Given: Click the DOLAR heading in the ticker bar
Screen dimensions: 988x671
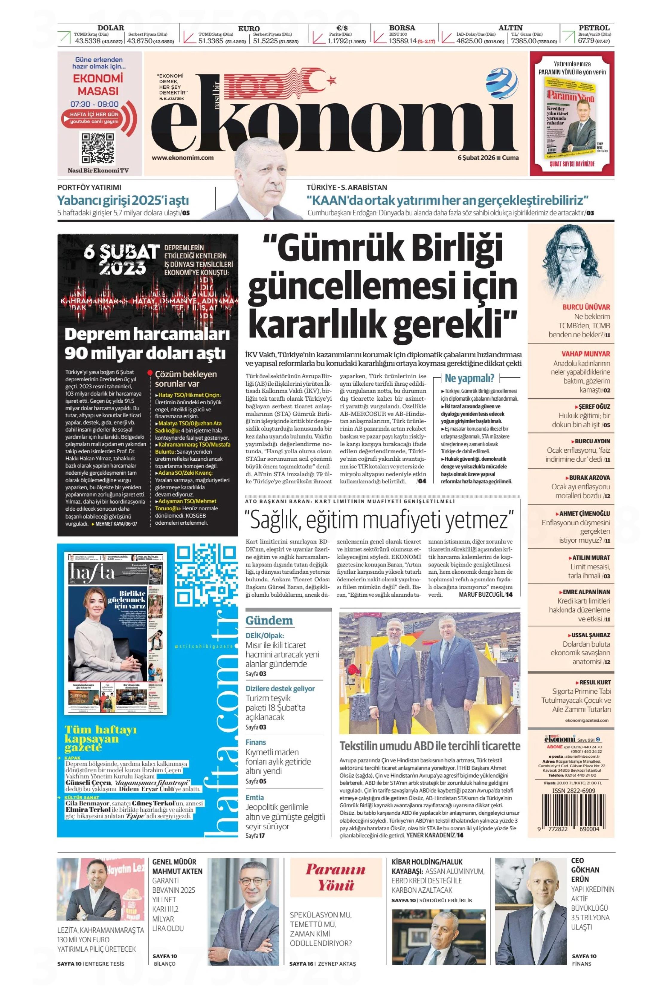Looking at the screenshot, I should (111, 27).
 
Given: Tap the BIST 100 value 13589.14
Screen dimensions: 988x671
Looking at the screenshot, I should (402, 41).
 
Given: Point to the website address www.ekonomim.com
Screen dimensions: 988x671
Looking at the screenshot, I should (182, 158).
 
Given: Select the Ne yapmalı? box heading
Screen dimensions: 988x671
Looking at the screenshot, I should (469, 378).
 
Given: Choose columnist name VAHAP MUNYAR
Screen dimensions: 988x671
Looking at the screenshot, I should (585, 354).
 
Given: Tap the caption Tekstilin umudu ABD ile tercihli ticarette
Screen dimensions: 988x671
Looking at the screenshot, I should (430, 746).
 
